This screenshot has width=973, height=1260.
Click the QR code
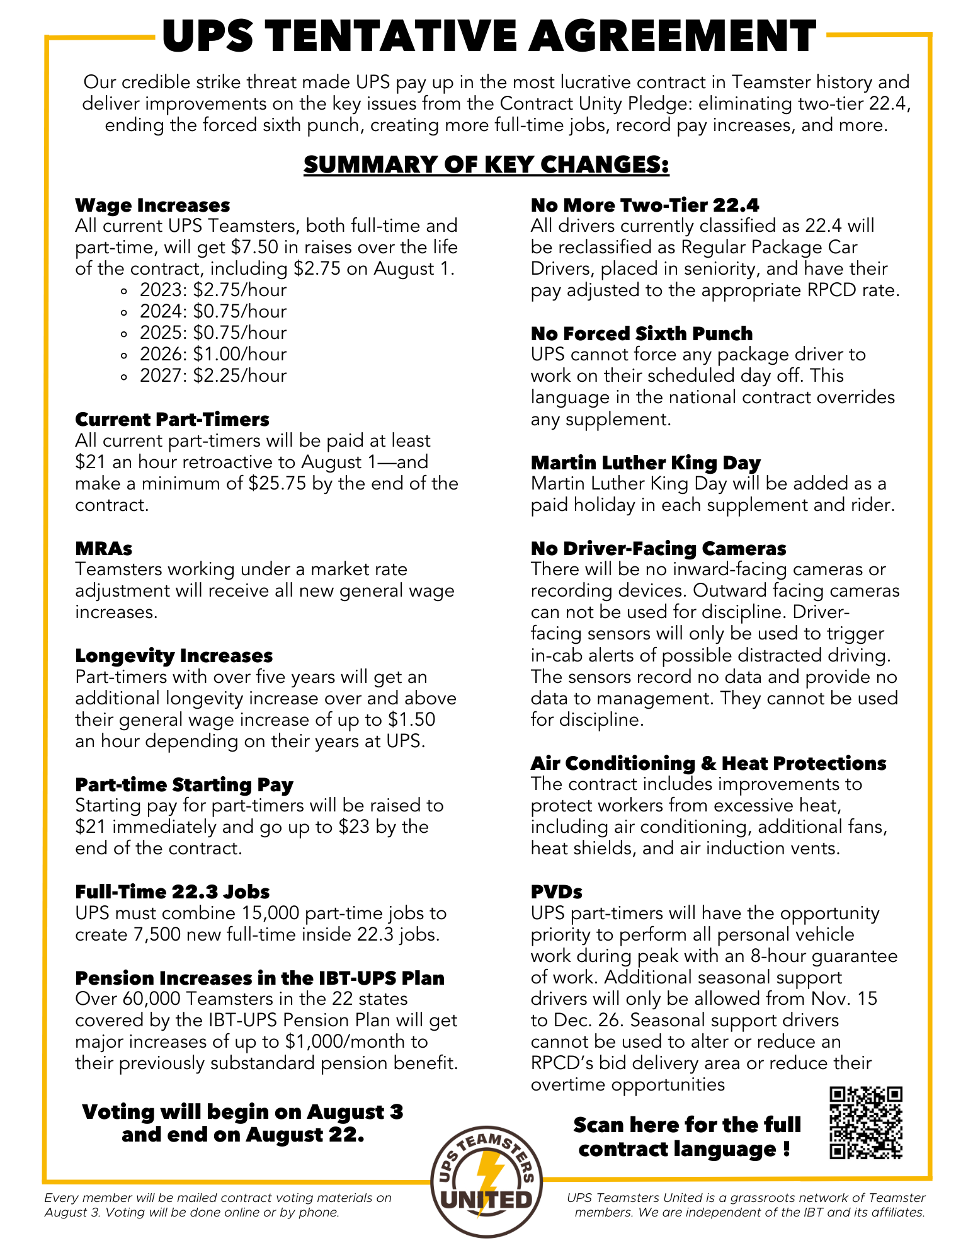coord(866,1123)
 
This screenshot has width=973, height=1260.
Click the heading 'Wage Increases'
coord(152,205)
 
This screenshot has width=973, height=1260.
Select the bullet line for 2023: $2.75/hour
coord(213,290)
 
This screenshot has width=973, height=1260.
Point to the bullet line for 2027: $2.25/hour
coord(213,375)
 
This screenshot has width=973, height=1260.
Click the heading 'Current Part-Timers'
coord(172,420)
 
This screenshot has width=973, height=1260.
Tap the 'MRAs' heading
coord(103,549)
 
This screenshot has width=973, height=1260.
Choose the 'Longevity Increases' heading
coord(174,656)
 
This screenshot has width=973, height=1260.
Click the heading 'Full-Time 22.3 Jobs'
coord(172,892)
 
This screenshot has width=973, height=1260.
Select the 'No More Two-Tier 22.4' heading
coord(645,205)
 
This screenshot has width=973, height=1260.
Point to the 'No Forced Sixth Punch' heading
coord(642,334)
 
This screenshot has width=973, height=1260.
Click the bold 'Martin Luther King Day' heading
coord(646,463)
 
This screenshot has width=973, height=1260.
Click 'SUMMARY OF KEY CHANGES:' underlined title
coord(486,164)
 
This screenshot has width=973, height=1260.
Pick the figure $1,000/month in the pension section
coord(347,1042)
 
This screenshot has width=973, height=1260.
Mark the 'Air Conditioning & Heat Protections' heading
coord(708,764)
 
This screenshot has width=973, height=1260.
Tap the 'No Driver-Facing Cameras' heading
coord(659,549)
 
